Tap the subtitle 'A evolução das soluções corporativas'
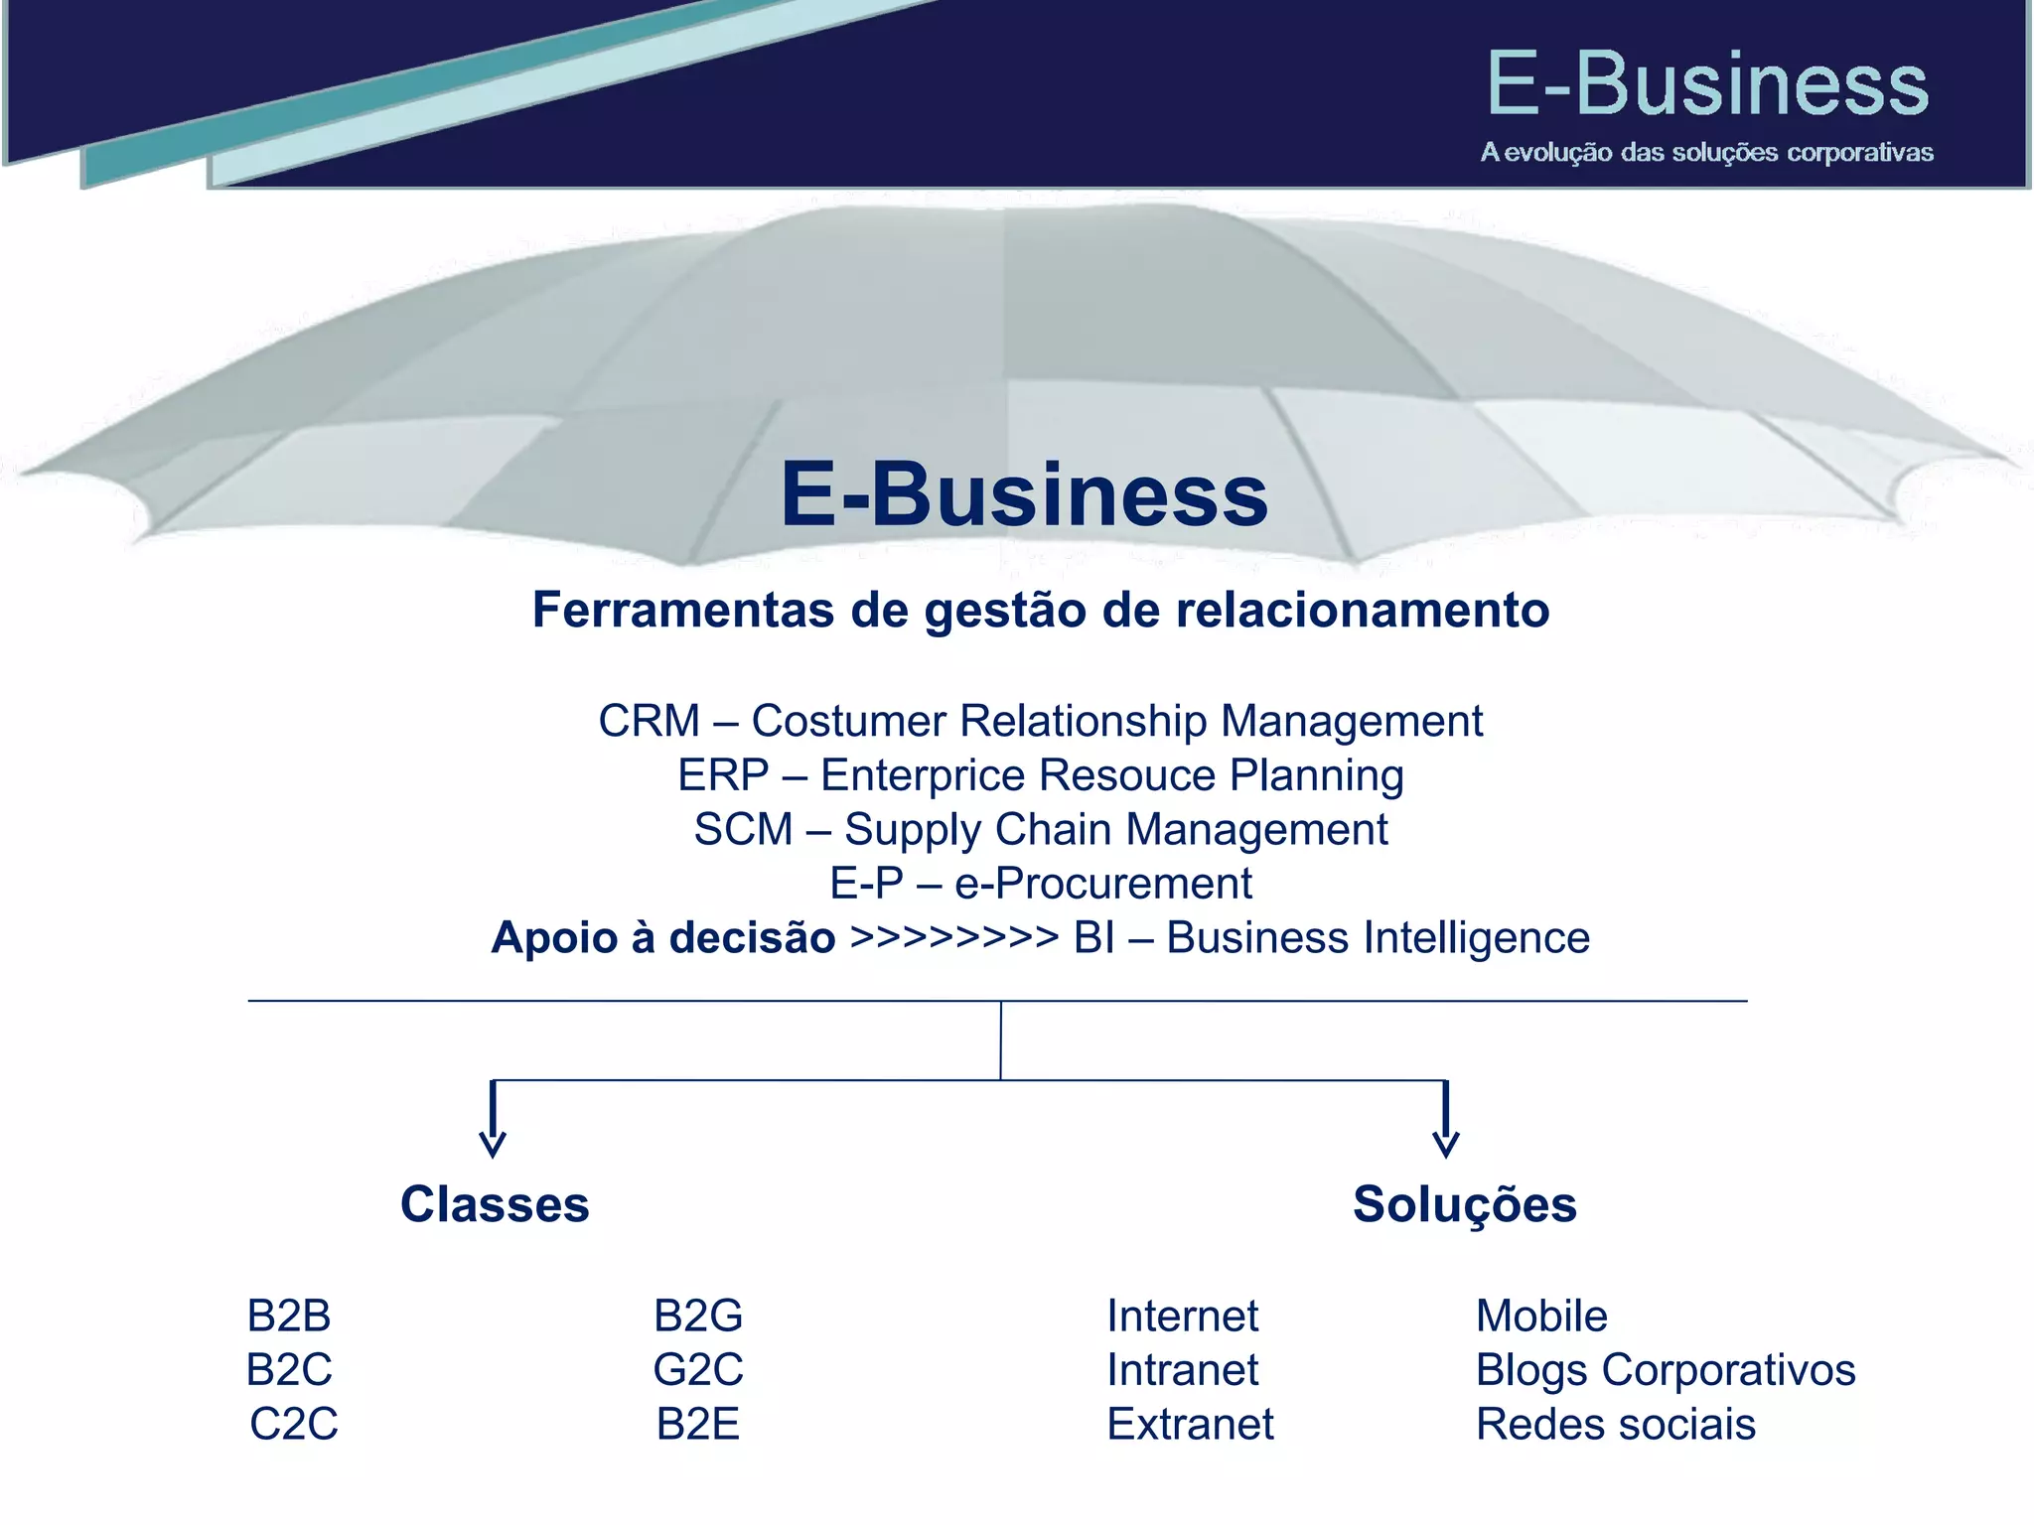tap(1706, 152)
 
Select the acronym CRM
tap(649, 721)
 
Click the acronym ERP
tap(723, 775)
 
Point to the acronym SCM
tap(743, 829)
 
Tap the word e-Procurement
tap(1102, 884)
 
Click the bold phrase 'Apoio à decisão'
tap(663, 938)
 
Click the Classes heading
tap(495, 1204)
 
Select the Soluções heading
tap(1464, 1205)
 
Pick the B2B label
tap(289, 1317)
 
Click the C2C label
tap(294, 1424)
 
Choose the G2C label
tap(698, 1370)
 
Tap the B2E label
tap(698, 1424)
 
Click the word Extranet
tap(1190, 1424)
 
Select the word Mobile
tap(1541, 1317)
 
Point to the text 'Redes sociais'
tap(1616, 1424)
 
